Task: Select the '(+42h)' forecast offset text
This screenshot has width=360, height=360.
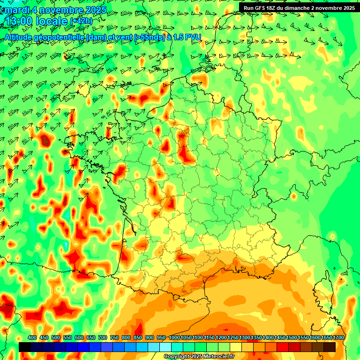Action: point(81,21)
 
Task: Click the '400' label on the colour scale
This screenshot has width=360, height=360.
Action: point(32,338)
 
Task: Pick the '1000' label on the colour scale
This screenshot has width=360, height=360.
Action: point(174,338)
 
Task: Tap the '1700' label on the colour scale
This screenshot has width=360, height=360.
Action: point(338,338)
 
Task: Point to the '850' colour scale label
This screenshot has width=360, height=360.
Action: point(138,338)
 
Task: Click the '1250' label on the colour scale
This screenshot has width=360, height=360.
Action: point(233,338)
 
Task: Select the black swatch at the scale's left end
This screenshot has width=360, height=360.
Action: point(25,347)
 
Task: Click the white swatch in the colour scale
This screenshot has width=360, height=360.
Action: point(165,347)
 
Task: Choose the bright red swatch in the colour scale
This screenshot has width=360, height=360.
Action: point(283,347)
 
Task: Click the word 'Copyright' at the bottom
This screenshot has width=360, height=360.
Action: point(177,357)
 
